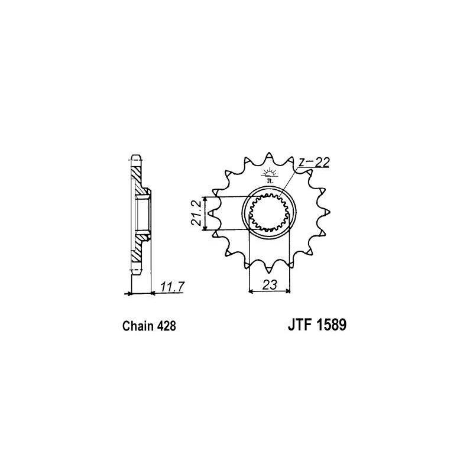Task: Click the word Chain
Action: (137, 326)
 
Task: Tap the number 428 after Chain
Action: (166, 326)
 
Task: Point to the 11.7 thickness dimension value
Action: (171, 287)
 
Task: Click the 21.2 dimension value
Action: (196, 213)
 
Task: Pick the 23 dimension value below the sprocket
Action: (270, 284)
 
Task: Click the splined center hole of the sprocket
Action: (269, 212)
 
